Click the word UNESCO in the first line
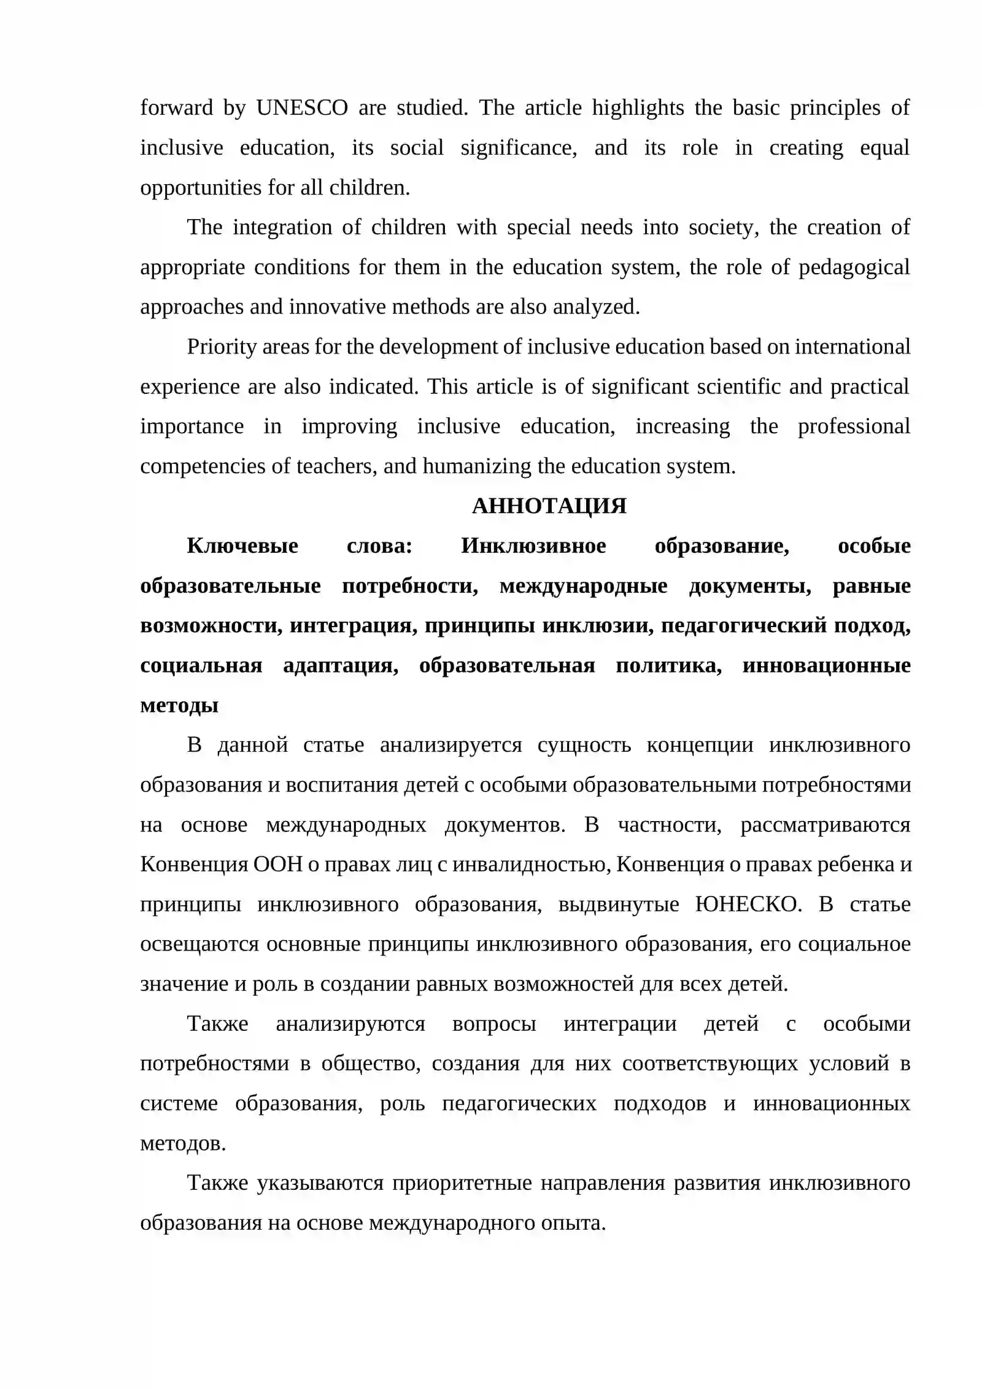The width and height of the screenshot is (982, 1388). tap(302, 108)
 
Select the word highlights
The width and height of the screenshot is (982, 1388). tap(638, 108)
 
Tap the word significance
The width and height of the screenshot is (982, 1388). tap(519, 148)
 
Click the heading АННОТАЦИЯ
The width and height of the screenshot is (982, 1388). tap(549, 506)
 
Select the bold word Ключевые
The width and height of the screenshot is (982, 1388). tap(242, 546)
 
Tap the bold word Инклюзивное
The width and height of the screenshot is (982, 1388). tap(533, 546)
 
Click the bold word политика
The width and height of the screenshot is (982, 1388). tap(668, 665)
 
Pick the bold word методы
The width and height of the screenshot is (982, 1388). tap(179, 705)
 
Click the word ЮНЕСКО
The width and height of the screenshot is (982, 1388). tap(748, 904)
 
